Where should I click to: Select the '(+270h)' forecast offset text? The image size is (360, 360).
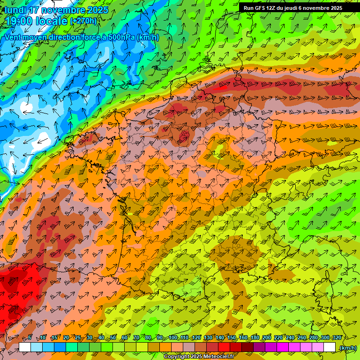point(83,21)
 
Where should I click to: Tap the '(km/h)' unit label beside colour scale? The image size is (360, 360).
point(347,347)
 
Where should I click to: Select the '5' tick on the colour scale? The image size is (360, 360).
point(30,338)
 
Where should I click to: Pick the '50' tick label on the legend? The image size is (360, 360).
point(112,338)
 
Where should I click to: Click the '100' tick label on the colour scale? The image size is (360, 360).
point(172,338)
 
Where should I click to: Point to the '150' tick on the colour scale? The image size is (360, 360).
point(232,338)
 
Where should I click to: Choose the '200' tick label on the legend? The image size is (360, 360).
point(267,338)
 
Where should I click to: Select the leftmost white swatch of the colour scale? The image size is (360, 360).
point(25,347)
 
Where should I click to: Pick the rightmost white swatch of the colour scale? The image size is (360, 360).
point(330,347)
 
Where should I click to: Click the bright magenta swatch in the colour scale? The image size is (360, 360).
point(283,347)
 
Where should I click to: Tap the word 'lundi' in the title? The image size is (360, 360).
point(15,10)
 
